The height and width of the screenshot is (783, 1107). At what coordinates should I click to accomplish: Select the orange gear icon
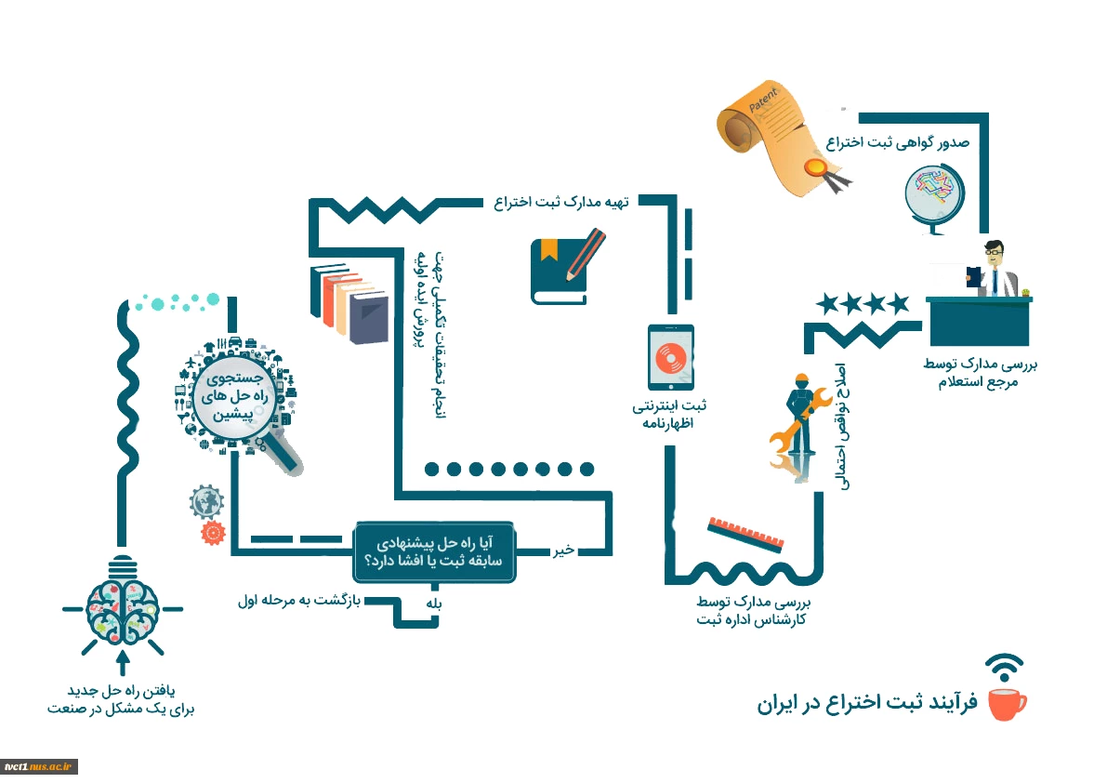click(213, 532)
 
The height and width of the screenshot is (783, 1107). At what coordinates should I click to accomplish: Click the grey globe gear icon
click(207, 502)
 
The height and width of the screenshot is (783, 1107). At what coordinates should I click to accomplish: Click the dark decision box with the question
click(434, 552)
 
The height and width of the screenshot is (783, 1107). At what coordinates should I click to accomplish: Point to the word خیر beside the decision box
click(563, 550)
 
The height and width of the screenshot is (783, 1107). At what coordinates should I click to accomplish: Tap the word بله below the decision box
click(433, 604)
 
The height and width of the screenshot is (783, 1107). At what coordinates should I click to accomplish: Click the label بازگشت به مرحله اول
click(299, 601)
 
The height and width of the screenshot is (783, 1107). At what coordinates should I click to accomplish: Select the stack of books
click(349, 303)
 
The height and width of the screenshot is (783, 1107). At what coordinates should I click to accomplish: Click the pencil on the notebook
click(586, 254)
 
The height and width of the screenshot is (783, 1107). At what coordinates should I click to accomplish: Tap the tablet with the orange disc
click(671, 357)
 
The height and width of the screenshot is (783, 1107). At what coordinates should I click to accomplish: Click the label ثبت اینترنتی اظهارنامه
click(668, 415)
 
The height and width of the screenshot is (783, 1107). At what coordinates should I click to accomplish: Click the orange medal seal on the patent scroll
click(815, 167)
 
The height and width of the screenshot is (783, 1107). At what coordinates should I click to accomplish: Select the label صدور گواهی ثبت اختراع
click(897, 142)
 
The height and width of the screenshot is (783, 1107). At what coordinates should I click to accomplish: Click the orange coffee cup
click(1007, 703)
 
